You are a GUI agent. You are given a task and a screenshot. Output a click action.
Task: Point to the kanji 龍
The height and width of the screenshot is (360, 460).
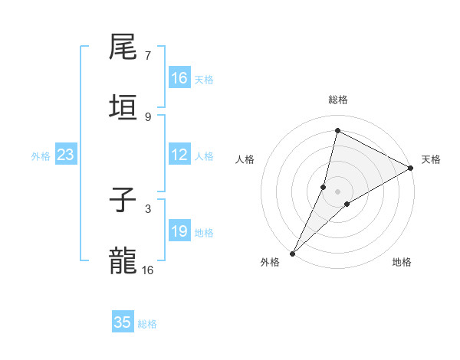[123, 259]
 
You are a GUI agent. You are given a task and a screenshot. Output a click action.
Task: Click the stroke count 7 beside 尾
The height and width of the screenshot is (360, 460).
[148, 56]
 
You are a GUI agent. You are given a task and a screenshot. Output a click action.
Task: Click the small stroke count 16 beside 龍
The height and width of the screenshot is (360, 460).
[148, 269]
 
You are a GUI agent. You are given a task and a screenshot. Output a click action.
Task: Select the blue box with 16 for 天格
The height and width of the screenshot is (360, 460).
[179, 78]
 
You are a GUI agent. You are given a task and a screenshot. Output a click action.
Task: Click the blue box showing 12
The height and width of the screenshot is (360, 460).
[179, 155]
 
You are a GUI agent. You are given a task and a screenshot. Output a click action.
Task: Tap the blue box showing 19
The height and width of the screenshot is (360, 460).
[179, 231]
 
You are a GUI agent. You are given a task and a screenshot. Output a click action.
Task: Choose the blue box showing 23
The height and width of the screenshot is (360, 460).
[66, 155]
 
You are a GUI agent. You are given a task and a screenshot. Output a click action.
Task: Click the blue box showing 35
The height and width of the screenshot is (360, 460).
[123, 322]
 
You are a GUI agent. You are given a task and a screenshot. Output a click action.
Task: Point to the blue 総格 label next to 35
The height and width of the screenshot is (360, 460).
[147, 324]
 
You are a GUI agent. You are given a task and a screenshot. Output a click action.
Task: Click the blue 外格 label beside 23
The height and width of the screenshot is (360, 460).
[41, 156]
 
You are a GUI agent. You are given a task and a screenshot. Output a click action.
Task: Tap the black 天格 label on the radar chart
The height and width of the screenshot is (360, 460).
[431, 159]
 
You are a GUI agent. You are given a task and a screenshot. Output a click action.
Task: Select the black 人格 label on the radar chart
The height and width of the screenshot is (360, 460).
[245, 159]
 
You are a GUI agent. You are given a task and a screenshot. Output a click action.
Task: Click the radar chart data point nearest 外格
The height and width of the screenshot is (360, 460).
[292, 253]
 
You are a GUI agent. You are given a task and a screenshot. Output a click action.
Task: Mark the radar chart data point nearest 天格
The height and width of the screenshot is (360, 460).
[411, 168]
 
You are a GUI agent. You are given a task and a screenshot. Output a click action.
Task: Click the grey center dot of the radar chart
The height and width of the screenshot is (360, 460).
[337, 191]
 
